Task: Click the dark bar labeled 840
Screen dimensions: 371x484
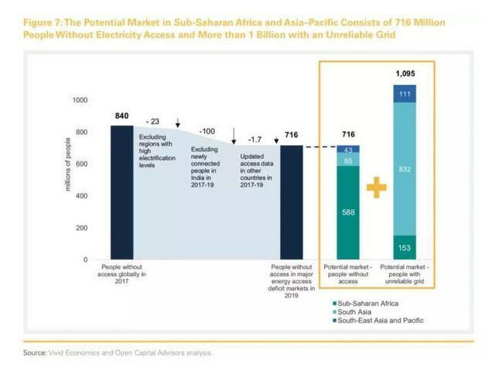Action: tap(122, 192)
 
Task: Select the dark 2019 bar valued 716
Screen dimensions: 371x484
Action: tap(291, 202)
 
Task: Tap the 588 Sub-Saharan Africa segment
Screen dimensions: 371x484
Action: tap(348, 213)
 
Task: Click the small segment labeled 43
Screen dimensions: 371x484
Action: tap(348, 149)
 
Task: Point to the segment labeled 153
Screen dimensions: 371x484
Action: tap(404, 247)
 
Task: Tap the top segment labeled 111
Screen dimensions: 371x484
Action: tap(404, 93)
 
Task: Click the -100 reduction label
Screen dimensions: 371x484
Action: tap(209, 132)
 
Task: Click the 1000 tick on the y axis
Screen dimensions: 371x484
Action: tap(80, 100)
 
